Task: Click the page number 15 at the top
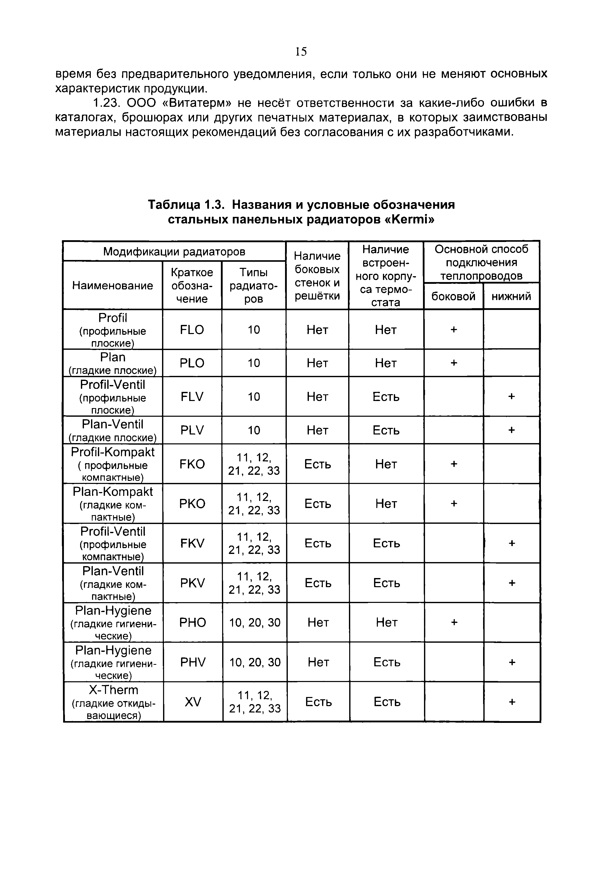click(301, 51)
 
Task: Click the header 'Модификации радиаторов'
click(174, 251)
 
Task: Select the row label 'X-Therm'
click(114, 690)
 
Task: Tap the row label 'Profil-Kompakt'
click(113, 452)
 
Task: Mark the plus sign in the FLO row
click(454, 330)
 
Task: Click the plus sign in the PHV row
click(512, 662)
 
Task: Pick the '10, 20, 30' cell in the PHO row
click(255, 622)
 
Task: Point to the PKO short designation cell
click(192, 503)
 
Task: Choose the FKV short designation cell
click(192, 543)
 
